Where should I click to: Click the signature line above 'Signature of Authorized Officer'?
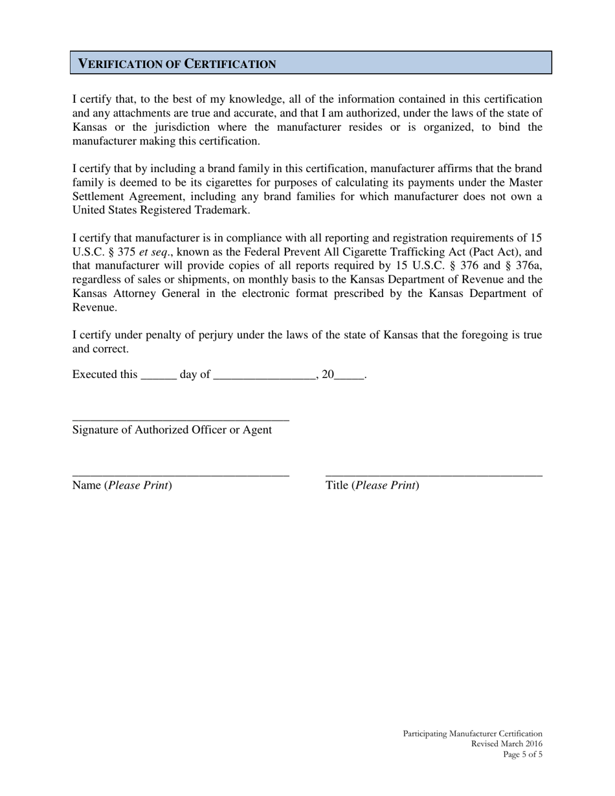181,420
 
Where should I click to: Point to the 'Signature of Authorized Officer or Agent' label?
172,430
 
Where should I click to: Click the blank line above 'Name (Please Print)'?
181,476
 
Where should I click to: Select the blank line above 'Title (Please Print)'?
434,476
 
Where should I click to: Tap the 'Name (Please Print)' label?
122,485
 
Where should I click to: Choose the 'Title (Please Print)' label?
372,485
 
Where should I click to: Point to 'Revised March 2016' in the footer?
507,744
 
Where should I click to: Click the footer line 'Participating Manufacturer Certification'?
473,734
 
